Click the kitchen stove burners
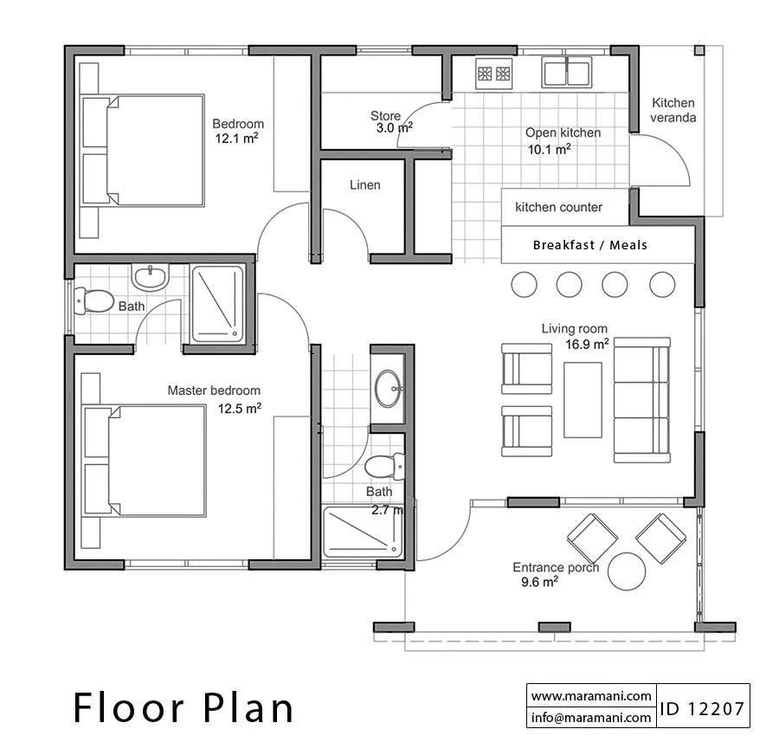click(x=494, y=74)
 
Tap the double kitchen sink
click(x=566, y=72)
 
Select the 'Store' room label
click(x=385, y=116)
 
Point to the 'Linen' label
click(x=365, y=185)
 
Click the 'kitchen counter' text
click(x=558, y=207)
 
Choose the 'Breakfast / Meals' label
click(x=590, y=245)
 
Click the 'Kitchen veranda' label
click(x=673, y=110)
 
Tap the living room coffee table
click(x=583, y=400)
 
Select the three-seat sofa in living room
click(x=642, y=400)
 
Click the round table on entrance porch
click(x=627, y=571)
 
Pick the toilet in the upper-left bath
click(x=93, y=301)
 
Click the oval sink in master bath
click(x=389, y=389)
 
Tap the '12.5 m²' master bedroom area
click(x=240, y=408)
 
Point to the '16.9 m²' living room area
click(x=587, y=344)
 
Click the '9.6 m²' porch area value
click(x=539, y=582)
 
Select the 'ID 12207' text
click(x=702, y=709)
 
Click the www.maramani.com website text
click(x=591, y=696)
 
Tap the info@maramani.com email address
click(x=591, y=717)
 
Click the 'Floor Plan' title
click(x=183, y=707)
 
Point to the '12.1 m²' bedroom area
click(x=236, y=139)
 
